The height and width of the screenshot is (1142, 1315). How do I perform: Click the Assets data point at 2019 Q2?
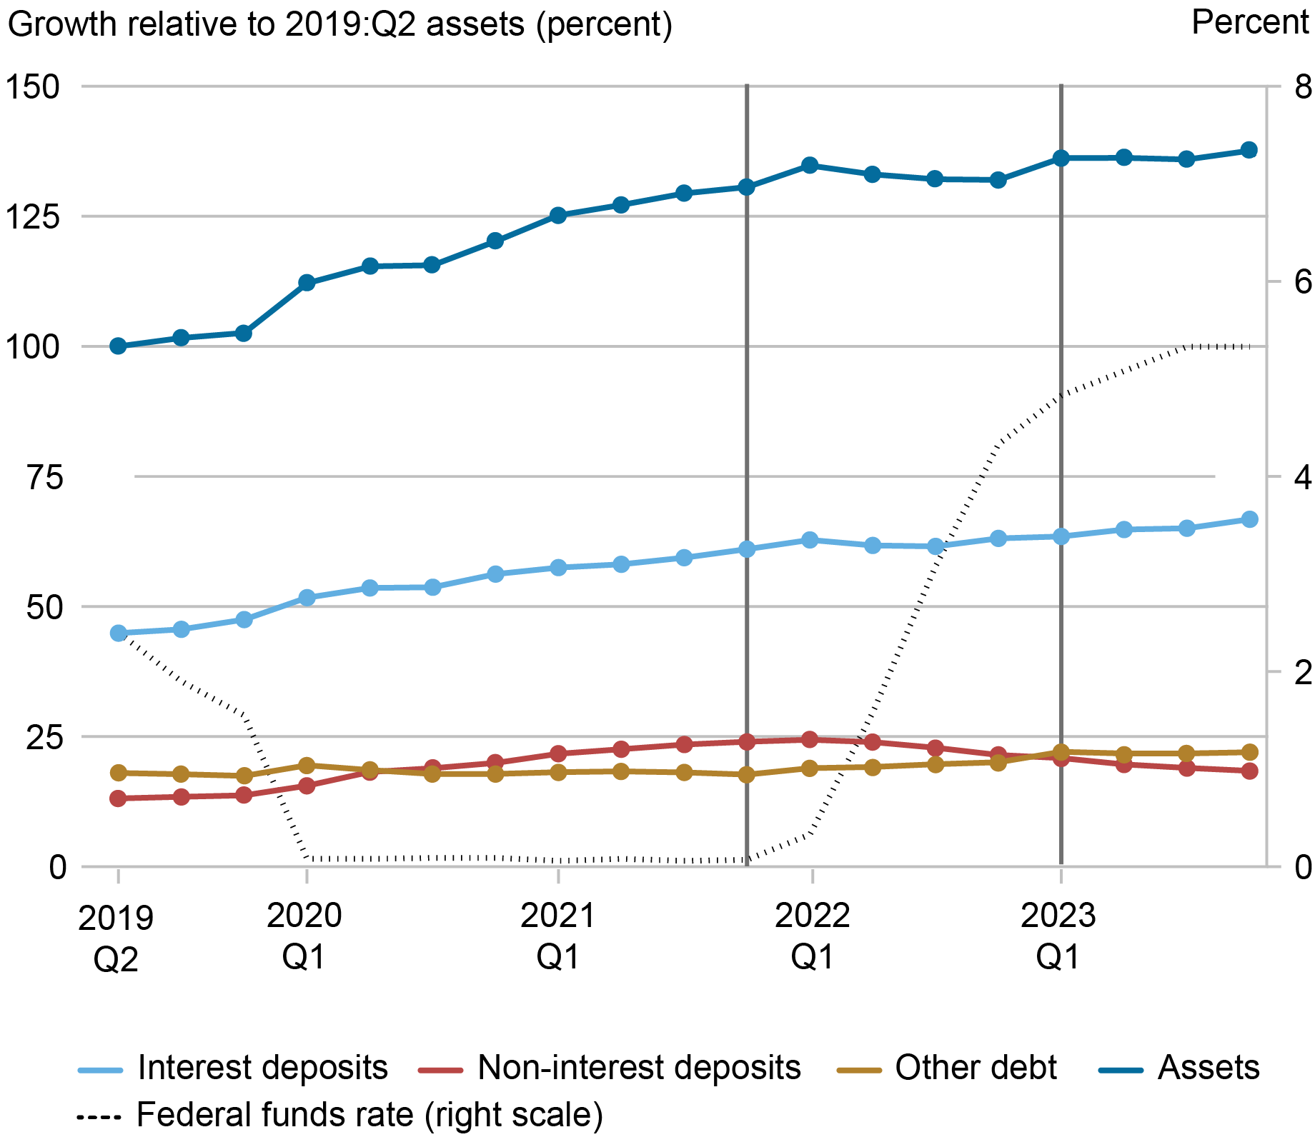(x=118, y=346)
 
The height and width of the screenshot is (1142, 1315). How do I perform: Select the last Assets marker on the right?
(x=1249, y=150)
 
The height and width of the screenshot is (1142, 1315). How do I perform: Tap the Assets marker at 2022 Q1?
(x=810, y=165)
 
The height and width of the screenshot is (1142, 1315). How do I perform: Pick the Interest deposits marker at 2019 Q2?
(x=118, y=633)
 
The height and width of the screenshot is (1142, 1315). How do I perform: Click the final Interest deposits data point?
(x=1249, y=519)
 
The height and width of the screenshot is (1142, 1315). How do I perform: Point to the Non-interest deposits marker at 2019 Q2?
(x=118, y=798)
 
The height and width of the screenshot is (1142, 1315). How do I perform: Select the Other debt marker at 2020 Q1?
(x=307, y=766)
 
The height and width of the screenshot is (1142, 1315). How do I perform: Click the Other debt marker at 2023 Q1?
(x=1061, y=752)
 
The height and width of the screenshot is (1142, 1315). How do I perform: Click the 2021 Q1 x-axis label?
(x=558, y=936)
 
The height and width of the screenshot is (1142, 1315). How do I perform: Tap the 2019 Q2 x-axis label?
(x=116, y=939)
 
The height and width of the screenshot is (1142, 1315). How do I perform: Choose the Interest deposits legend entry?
(x=233, y=1068)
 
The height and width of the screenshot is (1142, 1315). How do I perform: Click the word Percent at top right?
(x=1249, y=23)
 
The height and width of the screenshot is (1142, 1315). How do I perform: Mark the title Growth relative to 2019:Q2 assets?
(x=340, y=25)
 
